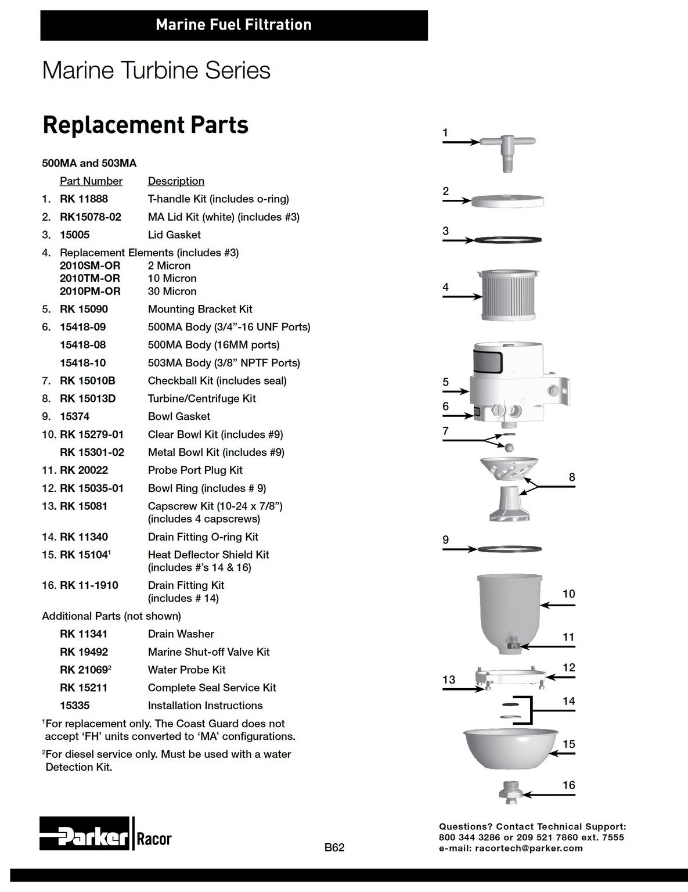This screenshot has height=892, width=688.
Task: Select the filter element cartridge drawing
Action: tap(508, 295)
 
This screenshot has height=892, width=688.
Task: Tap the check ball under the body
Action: tap(510, 447)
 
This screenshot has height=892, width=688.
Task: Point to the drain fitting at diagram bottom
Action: tap(511, 792)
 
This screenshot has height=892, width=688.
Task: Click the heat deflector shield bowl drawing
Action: tap(511, 749)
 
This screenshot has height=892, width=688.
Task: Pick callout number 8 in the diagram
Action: tap(572, 477)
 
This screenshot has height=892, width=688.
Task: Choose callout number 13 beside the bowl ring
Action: tap(449, 680)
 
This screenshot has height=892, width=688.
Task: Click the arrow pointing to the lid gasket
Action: tap(458, 240)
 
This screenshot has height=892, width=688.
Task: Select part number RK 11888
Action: tap(84, 199)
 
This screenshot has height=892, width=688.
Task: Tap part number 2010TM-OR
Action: tap(90, 278)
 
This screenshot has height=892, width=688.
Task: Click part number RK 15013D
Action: tap(88, 398)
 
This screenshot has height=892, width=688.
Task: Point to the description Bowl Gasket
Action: tap(179, 416)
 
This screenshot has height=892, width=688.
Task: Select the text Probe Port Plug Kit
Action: tap(195, 470)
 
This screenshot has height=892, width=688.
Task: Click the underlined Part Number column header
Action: tap(91, 181)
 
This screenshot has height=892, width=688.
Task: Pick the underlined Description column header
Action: tap(176, 181)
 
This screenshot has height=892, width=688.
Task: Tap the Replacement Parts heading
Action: tap(146, 125)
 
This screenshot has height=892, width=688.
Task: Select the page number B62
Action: tap(334, 847)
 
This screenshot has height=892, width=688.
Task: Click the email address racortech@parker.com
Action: tap(529, 848)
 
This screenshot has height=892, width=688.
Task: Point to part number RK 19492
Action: tap(84, 652)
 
